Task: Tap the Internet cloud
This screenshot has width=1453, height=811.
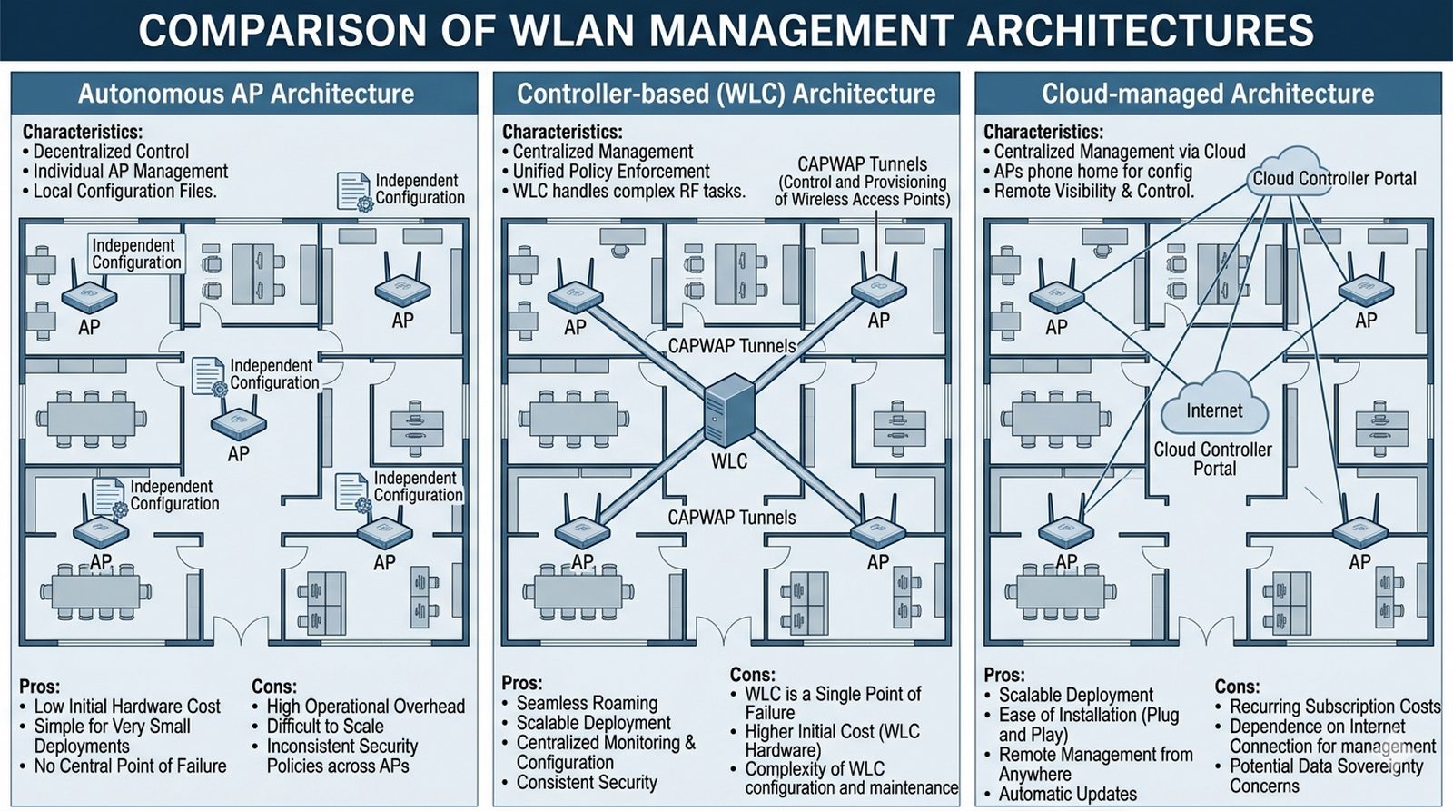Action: tap(1213, 405)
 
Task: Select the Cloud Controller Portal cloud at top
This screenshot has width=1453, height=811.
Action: tap(1333, 175)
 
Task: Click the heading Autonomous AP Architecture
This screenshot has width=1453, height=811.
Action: tap(245, 94)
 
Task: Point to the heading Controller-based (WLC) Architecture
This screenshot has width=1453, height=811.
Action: tap(726, 94)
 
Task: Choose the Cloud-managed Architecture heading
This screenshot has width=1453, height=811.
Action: tap(1208, 94)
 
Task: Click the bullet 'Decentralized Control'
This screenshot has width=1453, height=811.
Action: tap(111, 152)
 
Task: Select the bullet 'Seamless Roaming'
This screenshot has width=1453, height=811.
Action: tap(587, 703)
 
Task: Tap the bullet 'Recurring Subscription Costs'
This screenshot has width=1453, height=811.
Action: tap(1334, 707)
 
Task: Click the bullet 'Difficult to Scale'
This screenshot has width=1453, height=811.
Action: tap(324, 727)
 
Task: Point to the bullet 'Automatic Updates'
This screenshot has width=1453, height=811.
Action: tap(1067, 795)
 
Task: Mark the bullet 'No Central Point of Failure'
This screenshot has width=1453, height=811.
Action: tap(130, 766)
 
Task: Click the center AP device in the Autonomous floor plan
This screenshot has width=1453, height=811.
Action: tap(238, 423)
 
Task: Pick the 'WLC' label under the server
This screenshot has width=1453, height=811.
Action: tap(729, 461)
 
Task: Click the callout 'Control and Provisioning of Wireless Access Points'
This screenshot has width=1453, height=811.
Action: tap(862, 191)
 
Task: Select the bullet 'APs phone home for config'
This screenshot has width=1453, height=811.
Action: tap(1092, 172)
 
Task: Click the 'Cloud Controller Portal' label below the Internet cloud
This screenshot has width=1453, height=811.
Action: tap(1213, 459)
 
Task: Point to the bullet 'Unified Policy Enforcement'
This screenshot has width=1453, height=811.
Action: tap(611, 172)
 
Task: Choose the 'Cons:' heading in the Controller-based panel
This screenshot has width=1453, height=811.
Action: tap(753, 675)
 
